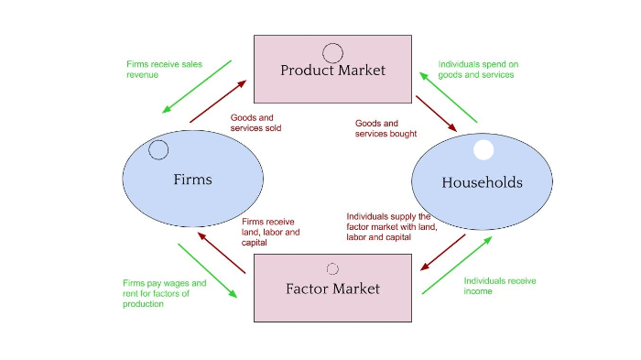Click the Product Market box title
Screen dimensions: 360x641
coord(332,71)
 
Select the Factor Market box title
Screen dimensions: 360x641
coord(332,289)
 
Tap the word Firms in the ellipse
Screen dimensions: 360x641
coord(192,180)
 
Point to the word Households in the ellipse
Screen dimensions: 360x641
coord(482,182)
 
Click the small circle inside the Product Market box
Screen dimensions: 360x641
coord(332,52)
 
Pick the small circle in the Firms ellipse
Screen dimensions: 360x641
coord(158,149)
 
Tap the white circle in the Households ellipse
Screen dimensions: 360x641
coord(483,150)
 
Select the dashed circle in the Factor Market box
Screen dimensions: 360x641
coord(332,268)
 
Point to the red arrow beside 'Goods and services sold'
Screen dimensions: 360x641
coord(217,102)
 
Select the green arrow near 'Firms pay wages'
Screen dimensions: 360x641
coord(208,270)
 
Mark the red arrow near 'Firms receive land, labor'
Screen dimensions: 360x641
coord(221,254)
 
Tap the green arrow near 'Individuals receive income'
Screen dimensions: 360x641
coord(456,265)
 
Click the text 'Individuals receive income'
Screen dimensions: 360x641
coord(499,286)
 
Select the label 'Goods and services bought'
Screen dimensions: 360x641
coord(379,129)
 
